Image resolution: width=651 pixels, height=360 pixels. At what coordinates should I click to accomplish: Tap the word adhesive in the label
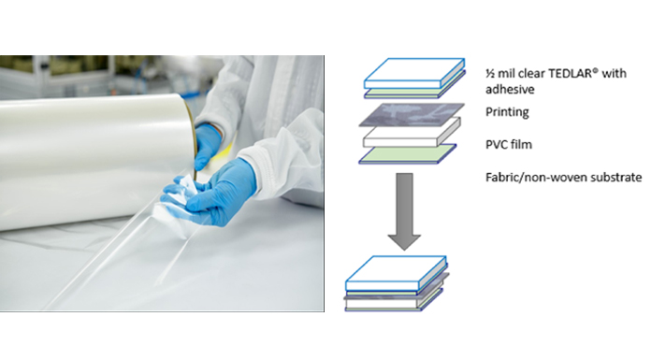click(x=510, y=89)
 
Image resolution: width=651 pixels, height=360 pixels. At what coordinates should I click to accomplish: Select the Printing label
click(x=507, y=112)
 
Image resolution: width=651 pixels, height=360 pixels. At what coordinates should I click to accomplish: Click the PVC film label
click(x=509, y=145)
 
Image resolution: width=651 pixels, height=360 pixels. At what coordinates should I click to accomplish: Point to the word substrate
click(x=617, y=178)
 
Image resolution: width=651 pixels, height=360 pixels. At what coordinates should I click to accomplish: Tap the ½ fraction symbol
click(x=490, y=74)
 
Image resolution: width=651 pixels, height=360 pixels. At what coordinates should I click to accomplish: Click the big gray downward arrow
click(x=404, y=211)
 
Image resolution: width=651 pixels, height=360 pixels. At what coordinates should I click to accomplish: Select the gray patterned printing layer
click(x=412, y=114)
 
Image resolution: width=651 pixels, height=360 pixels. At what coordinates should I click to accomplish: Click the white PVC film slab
click(x=412, y=133)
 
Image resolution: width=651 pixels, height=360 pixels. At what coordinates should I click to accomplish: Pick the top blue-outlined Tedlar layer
click(x=414, y=73)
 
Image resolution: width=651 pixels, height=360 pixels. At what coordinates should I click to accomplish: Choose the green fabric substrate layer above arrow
click(x=408, y=153)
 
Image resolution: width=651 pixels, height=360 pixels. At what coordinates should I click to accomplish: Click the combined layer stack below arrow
click(x=397, y=283)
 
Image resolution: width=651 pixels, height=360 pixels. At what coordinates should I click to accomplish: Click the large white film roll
click(x=96, y=161)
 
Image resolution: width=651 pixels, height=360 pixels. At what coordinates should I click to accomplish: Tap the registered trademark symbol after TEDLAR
click(x=596, y=70)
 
